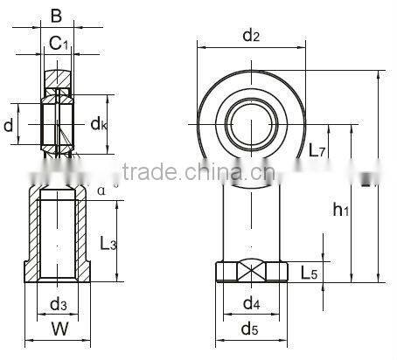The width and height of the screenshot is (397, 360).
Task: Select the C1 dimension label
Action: coord(58,41)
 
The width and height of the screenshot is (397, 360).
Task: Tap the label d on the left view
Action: coord(9,126)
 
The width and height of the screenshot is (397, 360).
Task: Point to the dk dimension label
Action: coord(99,125)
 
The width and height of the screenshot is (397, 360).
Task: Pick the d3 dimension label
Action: coord(58,303)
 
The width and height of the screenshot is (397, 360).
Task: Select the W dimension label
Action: coord(59,330)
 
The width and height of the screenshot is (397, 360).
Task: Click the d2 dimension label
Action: coord(251,35)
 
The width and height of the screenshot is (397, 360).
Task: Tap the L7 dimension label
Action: coord(318,149)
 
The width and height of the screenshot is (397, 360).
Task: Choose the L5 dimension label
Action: coord(309,273)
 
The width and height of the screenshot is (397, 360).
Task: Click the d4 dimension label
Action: coord(251,303)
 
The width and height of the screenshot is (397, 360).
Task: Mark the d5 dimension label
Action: coord(251,330)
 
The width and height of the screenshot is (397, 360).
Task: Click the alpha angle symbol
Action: coord(101,190)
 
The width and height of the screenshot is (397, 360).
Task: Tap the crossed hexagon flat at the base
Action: coord(251,272)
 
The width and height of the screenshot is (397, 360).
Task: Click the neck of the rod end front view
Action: coord(251,218)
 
